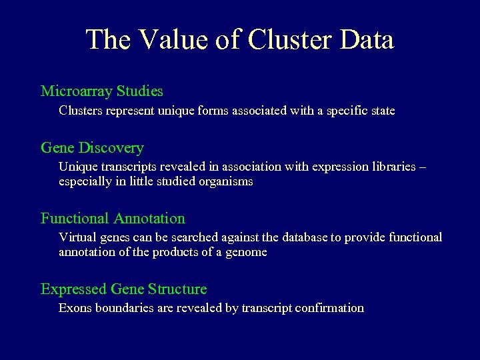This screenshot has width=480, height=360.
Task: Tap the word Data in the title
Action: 366,39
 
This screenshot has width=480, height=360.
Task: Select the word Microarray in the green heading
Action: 76,91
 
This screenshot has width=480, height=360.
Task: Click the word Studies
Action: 139,91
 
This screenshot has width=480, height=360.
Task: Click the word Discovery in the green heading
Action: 111,148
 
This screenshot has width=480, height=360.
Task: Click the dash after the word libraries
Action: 421,167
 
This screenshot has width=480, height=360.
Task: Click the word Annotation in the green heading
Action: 149,219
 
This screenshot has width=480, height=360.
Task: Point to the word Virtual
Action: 77,237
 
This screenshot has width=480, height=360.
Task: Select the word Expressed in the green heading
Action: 74,289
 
